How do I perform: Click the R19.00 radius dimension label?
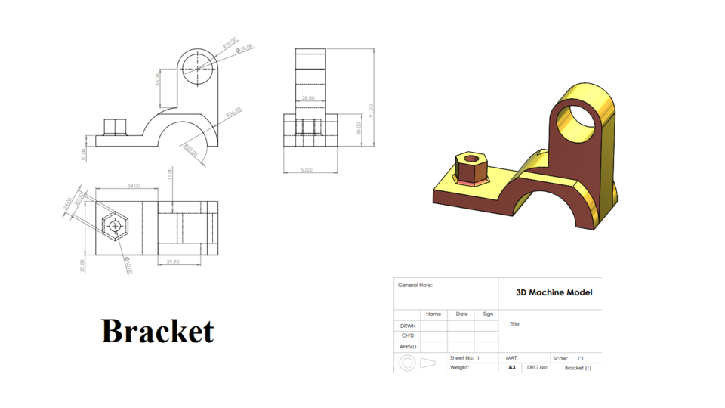point(230,45)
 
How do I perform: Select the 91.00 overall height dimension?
point(371,111)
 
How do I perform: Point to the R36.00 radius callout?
point(233,112)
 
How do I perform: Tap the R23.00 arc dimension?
point(190,149)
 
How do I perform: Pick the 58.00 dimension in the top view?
point(134,185)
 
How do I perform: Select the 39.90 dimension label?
point(173,261)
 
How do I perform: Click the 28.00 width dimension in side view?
point(308,98)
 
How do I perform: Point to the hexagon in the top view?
point(116,225)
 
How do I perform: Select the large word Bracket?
point(158,331)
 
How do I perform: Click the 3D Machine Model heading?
point(554,292)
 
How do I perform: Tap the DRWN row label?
point(408,326)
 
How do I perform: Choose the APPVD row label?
point(408,347)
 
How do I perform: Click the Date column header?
point(461,314)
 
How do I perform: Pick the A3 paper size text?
point(511,368)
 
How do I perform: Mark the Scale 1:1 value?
point(579,358)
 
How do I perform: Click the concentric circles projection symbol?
point(407,363)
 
